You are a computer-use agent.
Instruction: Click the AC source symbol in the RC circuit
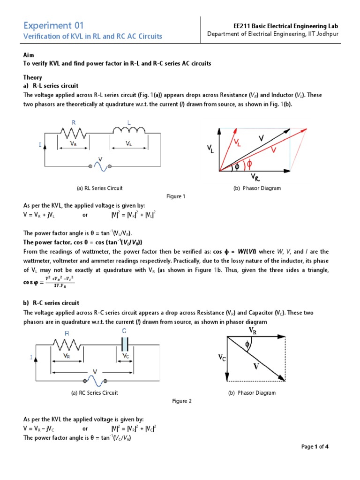coord(96,380)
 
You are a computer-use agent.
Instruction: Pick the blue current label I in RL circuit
coord(40,146)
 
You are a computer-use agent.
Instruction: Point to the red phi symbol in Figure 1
coord(249,164)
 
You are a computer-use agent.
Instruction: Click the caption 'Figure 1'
coord(176,196)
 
